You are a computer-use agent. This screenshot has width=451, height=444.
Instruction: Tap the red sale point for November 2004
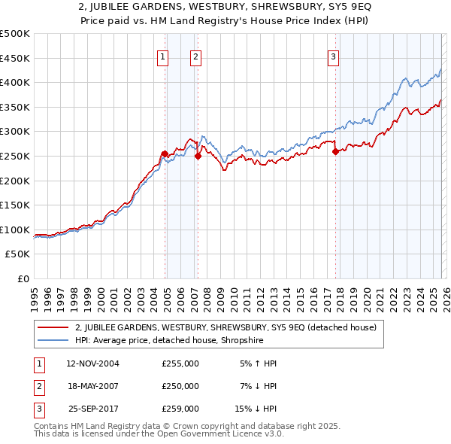(x=164, y=154)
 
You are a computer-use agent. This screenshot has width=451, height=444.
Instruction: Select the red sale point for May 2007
(x=198, y=157)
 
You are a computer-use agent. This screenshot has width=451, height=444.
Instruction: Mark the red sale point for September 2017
(x=335, y=152)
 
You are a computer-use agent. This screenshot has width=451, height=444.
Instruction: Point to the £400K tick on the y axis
(x=15, y=83)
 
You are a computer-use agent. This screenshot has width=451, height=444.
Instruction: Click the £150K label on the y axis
(x=15, y=205)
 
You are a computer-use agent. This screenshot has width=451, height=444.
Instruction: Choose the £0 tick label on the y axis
(x=23, y=278)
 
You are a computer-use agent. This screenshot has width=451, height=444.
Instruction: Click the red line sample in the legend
(x=54, y=327)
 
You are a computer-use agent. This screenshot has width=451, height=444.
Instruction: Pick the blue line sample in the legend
(x=54, y=339)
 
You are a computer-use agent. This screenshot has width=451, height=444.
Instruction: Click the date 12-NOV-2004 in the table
(x=92, y=363)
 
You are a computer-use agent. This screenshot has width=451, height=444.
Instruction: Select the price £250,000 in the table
(x=180, y=386)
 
